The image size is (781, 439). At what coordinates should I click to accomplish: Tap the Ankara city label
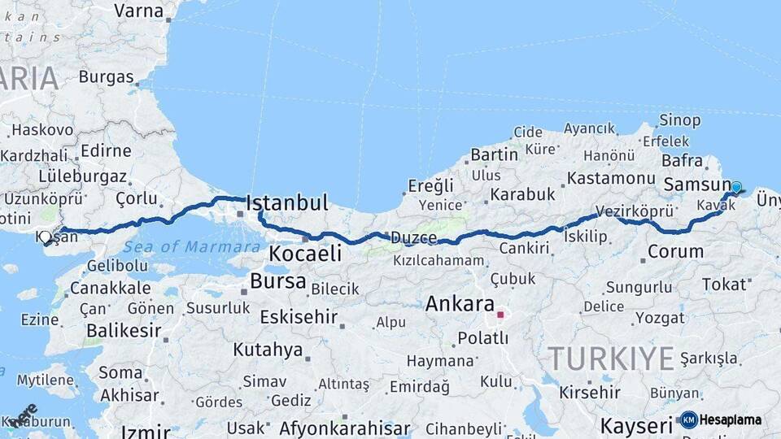coord(460,305)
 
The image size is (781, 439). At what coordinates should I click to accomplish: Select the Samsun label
coord(695,185)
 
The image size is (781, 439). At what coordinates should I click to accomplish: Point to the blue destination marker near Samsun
coord(736,188)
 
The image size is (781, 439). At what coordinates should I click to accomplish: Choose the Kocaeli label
coord(305,254)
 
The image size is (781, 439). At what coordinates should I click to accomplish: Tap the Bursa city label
coord(278,282)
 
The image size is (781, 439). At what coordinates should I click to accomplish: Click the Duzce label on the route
coord(413,237)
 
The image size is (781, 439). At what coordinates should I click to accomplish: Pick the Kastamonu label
coord(611,178)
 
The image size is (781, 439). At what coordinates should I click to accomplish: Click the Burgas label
coord(106,77)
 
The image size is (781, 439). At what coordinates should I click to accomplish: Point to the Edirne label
coord(106,150)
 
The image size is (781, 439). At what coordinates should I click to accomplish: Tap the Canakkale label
coord(110,288)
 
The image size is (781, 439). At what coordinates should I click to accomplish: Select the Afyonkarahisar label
coord(344,428)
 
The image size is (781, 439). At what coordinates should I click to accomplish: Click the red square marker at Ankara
coord(500,315)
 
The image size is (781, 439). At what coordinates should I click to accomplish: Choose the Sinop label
coord(679,120)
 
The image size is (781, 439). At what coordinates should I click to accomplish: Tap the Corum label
coord(675,251)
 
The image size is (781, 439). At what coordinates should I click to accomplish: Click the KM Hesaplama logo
coord(722,419)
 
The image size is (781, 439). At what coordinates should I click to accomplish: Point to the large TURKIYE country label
coord(610,358)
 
